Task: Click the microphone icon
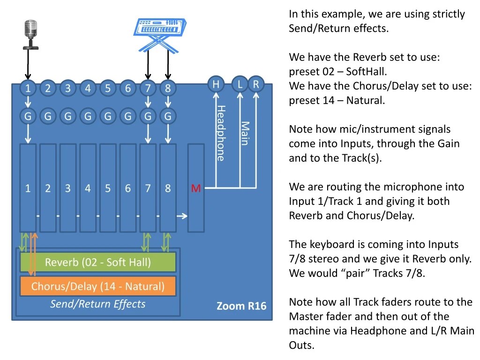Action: (x=31, y=33)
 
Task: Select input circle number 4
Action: (x=88, y=88)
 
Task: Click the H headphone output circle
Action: (x=216, y=84)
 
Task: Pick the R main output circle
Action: (x=256, y=84)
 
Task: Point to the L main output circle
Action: (x=240, y=84)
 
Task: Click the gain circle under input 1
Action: (x=28, y=116)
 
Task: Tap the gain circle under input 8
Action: (x=168, y=116)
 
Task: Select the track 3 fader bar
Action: (x=68, y=188)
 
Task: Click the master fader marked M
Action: (x=196, y=188)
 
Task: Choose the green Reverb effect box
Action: (x=98, y=262)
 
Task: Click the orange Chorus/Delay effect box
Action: (x=98, y=286)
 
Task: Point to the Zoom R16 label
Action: (x=241, y=306)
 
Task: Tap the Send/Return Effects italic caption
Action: (x=98, y=304)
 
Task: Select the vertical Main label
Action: (x=245, y=133)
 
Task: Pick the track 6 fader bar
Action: (x=128, y=188)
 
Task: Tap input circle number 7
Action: (x=148, y=88)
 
